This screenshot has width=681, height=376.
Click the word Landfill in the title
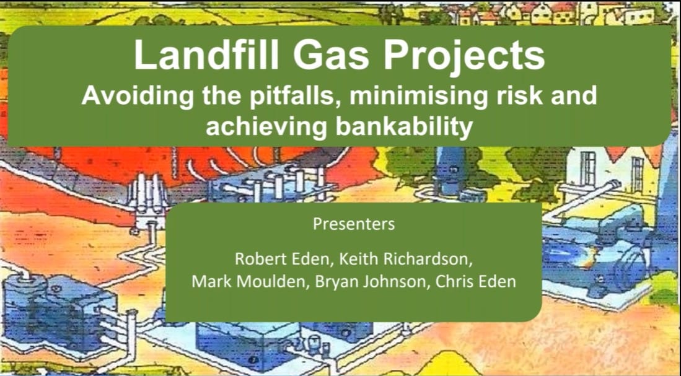206,55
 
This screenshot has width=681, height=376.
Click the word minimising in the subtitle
418,97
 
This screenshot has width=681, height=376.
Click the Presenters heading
354,224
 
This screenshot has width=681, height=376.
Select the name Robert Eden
282,259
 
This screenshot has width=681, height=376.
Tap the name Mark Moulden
248,282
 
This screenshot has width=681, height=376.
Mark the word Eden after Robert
310,259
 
